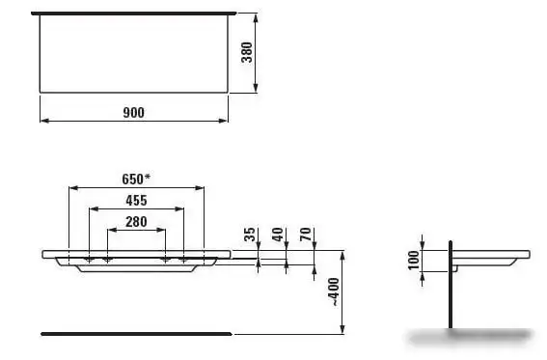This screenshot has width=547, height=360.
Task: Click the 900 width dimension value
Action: click(x=133, y=112)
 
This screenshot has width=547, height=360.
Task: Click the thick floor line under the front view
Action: click(x=135, y=333)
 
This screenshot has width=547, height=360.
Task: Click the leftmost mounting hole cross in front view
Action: click(x=89, y=261)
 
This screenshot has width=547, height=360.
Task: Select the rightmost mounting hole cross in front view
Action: click(x=182, y=261)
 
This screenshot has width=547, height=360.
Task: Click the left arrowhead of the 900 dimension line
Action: click(x=42, y=121)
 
